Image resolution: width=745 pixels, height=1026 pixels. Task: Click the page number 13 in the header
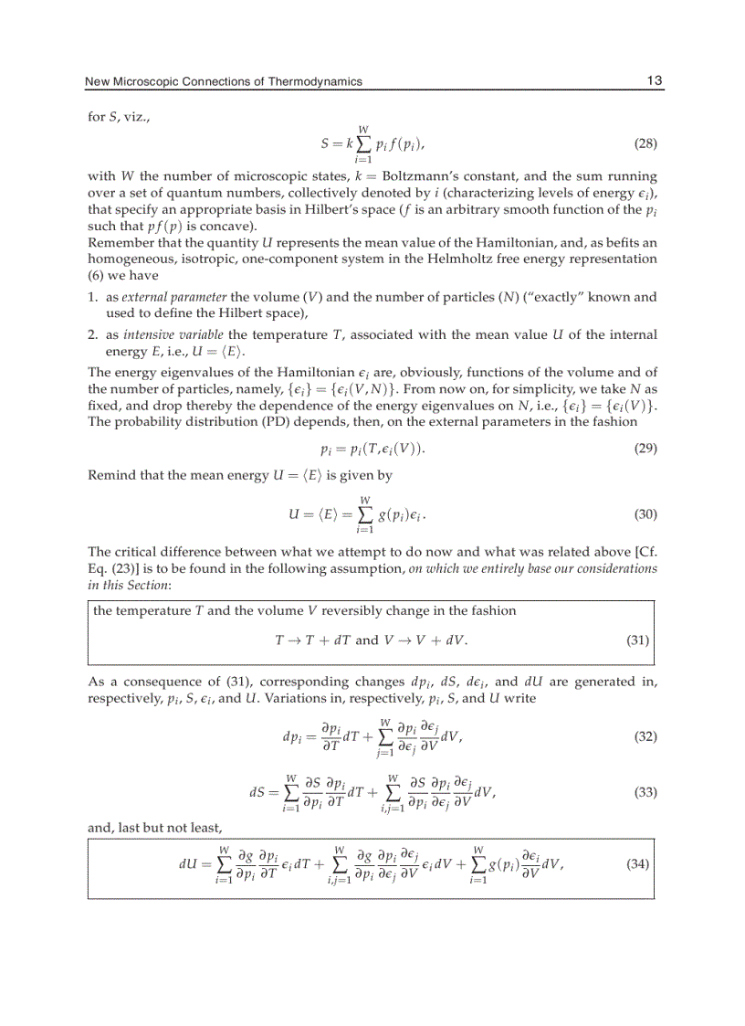654,81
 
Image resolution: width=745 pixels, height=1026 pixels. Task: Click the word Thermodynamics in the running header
316,82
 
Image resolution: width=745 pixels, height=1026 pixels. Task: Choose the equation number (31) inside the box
637,640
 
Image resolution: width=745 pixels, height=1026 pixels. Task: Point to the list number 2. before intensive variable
93,335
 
